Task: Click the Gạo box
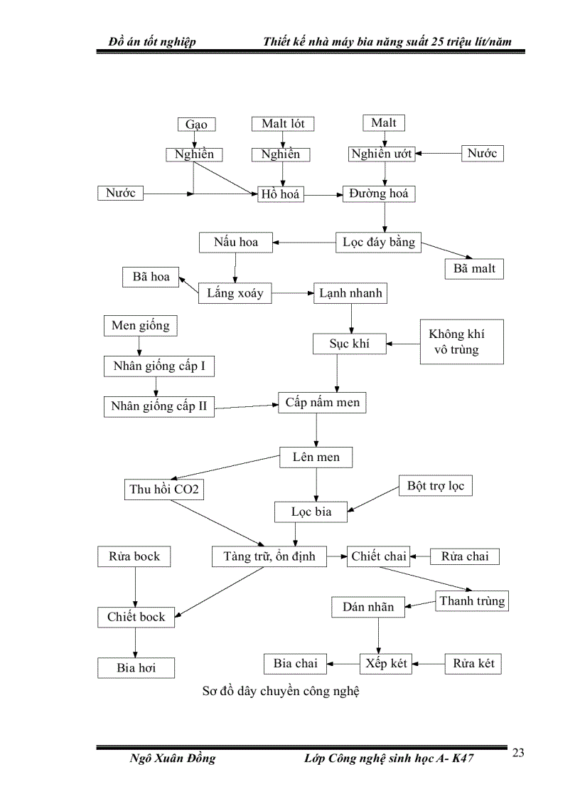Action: point(196,125)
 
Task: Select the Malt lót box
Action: point(283,124)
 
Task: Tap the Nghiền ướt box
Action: point(382,154)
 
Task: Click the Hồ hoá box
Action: point(280,194)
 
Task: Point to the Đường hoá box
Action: point(380,194)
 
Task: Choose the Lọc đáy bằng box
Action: point(378,242)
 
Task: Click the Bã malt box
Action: point(474,269)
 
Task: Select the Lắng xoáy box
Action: point(235,292)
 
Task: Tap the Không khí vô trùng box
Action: point(461,342)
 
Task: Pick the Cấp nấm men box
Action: point(323,403)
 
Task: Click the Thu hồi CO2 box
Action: point(163,490)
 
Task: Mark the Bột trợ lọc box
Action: point(435,486)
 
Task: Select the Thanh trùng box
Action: point(472,601)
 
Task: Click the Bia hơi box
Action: point(136,668)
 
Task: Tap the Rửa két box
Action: point(473,664)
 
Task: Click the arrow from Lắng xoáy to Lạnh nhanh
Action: point(292,293)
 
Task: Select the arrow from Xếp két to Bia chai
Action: point(343,664)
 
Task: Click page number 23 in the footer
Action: point(518,753)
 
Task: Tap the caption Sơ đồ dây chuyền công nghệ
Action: point(281,691)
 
